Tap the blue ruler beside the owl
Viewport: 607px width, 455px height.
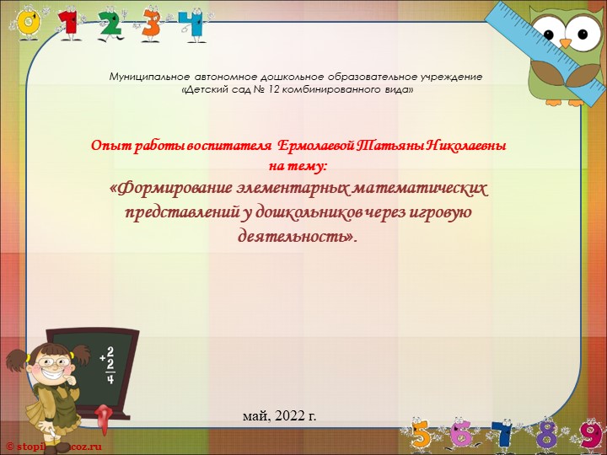[x=512, y=24]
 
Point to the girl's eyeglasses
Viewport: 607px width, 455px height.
[x=50, y=361]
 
